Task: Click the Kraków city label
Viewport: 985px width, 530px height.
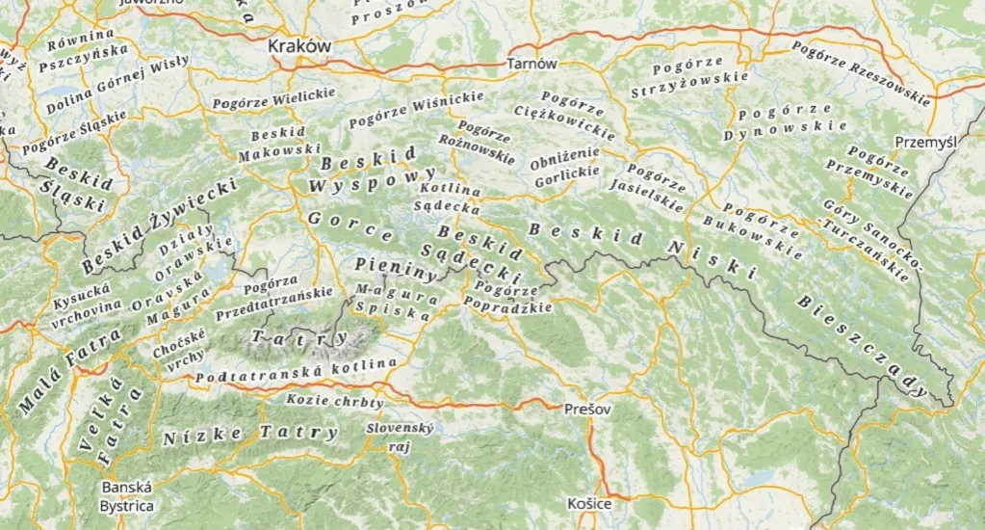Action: tap(299, 45)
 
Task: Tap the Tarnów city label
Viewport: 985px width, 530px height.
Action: tap(531, 64)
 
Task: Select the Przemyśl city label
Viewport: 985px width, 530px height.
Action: tap(925, 141)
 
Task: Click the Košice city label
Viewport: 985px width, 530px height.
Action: tap(588, 504)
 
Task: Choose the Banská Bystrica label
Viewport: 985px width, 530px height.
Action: tap(127, 497)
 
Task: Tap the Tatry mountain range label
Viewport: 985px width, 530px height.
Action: tap(299, 337)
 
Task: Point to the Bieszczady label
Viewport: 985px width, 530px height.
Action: tap(862, 344)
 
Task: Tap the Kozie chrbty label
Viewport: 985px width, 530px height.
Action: tap(335, 401)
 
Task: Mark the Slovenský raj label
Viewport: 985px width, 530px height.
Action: tap(400, 437)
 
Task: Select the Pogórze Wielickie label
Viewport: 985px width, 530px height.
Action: tap(273, 97)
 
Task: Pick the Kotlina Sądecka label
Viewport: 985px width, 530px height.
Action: tap(447, 198)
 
